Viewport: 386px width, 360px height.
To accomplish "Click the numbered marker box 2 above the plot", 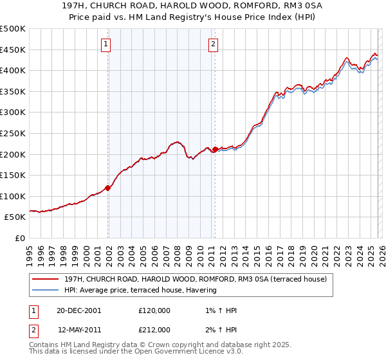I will pyautogui.click(x=213, y=44).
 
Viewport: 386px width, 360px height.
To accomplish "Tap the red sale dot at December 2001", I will pyautogui.click(x=108, y=188).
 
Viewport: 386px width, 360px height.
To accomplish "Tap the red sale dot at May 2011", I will pyautogui.click(x=215, y=150).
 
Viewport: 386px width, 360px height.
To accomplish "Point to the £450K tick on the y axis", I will pyautogui.click(x=13, y=50).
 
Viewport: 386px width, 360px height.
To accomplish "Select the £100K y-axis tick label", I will pyautogui.click(x=13, y=196).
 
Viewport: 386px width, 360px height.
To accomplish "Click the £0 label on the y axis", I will pyautogui.click(x=21, y=238).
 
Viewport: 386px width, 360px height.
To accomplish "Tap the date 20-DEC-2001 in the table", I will pyautogui.click(x=78, y=310).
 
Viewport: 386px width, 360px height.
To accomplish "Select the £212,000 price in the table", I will pyautogui.click(x=154, y=330).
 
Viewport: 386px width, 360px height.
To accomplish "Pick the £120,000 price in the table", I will pyautogui.click(x=154, y=310).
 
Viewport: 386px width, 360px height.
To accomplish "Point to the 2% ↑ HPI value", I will pyautogui.click(x=220, y=330).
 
